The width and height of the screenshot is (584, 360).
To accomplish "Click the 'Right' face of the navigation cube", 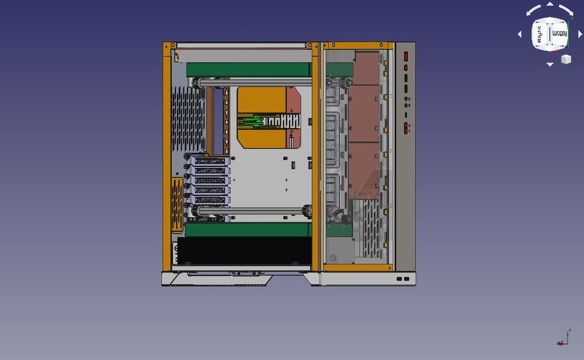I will [539, 36].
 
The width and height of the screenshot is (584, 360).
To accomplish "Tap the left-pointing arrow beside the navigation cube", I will [520, 34].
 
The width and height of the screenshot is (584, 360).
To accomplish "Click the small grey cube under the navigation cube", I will [565, 59].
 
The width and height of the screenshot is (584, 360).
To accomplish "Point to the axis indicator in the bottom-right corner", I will [563, 338].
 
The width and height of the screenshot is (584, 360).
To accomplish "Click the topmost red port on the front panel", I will [406, 57].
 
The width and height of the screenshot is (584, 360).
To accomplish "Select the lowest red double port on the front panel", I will [406, 128].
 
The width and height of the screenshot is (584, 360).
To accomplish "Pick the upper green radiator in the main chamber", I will [248, 69].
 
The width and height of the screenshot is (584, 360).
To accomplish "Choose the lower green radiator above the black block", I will [248, 229].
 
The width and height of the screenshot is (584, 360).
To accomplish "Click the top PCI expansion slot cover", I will [209, 161].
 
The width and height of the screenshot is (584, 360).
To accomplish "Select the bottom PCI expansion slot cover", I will [209, 200].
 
